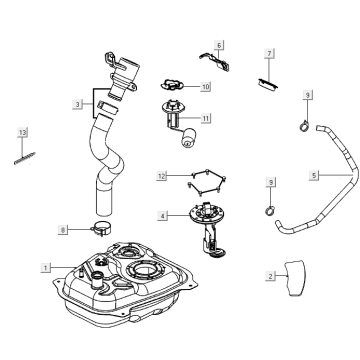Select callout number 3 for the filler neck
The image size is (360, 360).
77,103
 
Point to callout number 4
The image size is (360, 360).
163,214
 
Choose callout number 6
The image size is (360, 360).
219,46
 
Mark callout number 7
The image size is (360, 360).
269,52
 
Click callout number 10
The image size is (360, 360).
206,87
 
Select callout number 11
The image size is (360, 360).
206,118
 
